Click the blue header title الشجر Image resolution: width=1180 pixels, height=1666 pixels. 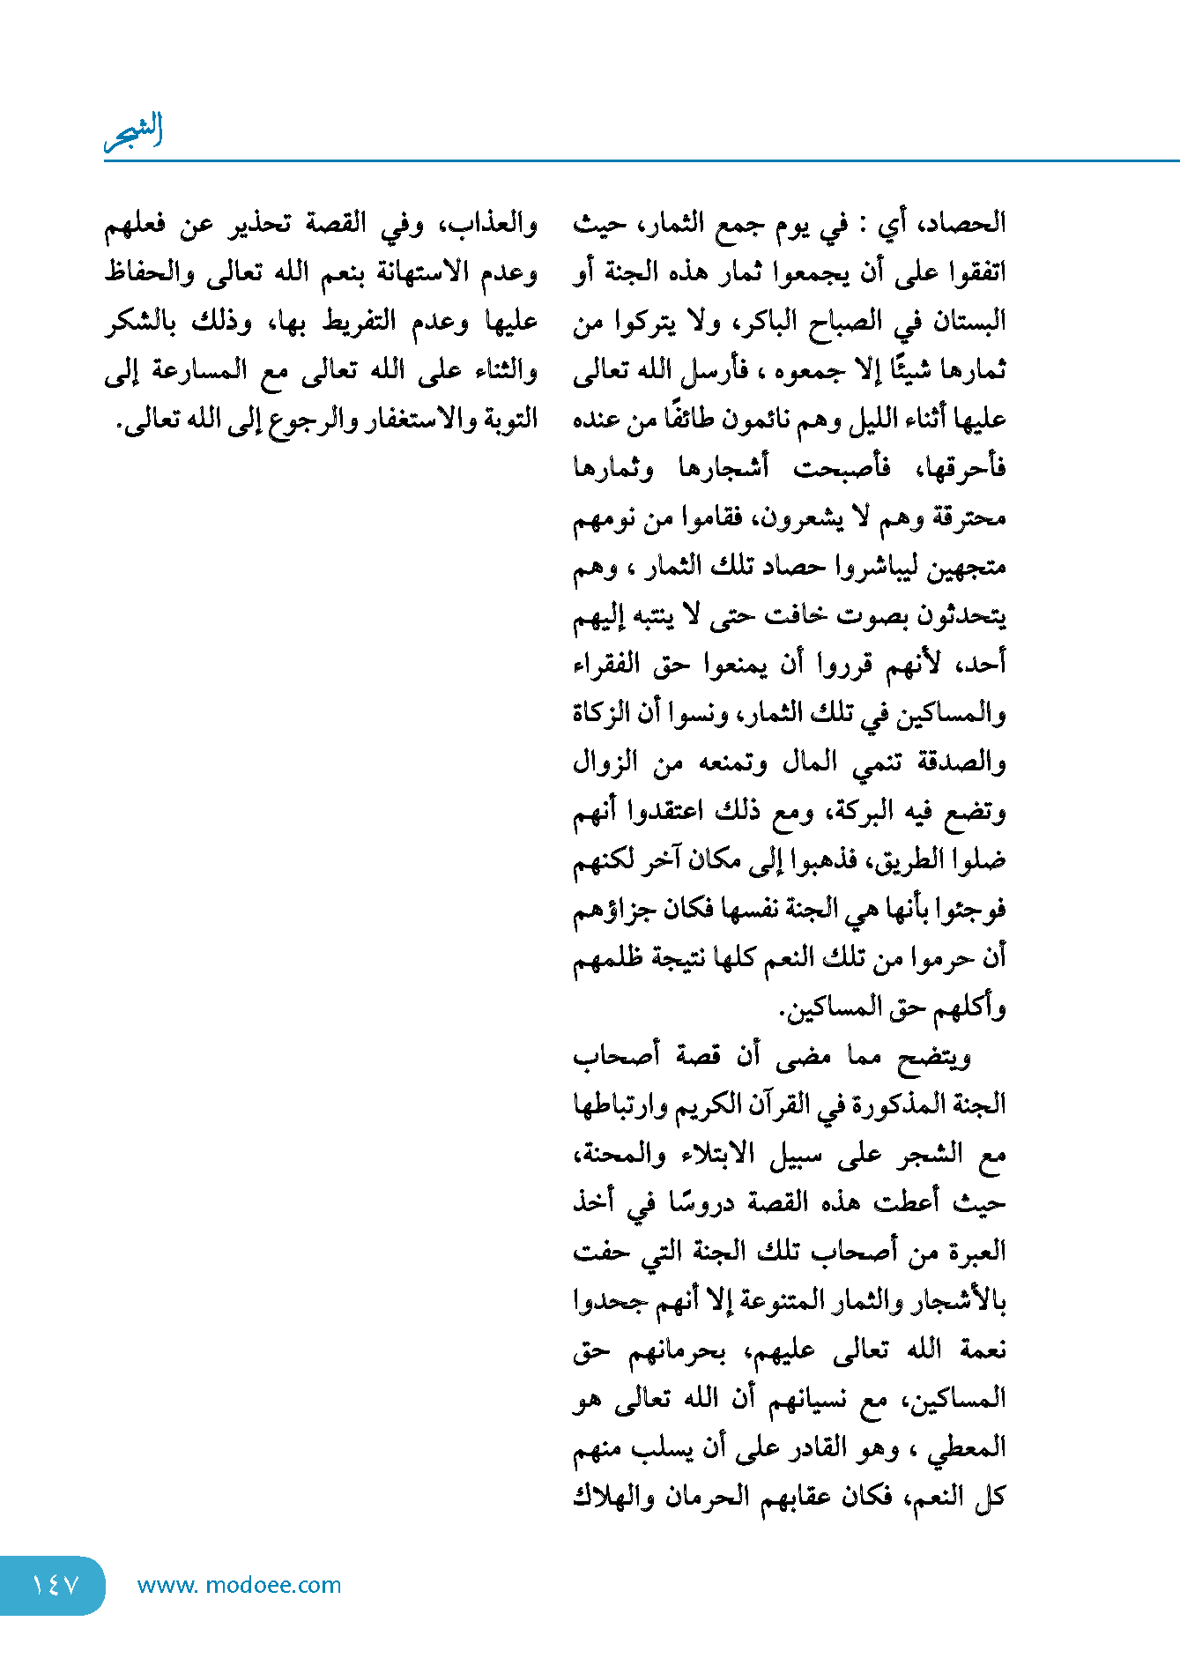[x=134, y=132]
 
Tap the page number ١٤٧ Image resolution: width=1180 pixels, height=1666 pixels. [x=55, y=1585]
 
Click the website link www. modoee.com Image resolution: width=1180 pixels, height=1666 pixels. [x=239, y=1585]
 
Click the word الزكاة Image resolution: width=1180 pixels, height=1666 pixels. [x=604, y=712]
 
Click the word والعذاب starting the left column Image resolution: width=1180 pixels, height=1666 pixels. [x=494, y=224]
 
